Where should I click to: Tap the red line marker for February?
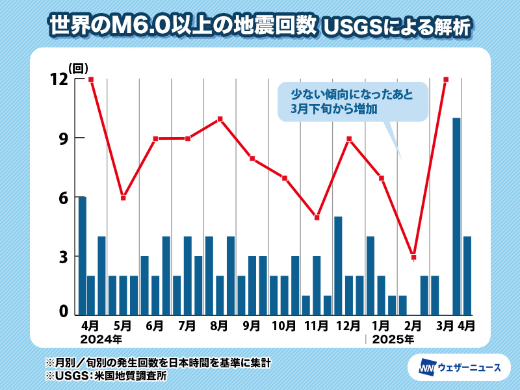(x=413, y=257)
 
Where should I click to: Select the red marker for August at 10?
(x=220, y=119)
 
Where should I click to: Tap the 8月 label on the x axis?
(x=220, y=325)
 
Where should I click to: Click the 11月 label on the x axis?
(x=317, y=325)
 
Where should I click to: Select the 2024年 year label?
(x=100, y=339)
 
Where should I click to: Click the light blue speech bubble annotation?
(x=352, y=101)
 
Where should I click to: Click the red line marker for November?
(x=317, y=218)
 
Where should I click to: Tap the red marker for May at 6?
(x=123, y=198)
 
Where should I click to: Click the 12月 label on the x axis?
(x=349, y=325)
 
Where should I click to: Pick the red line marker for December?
(x=349, y=138)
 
